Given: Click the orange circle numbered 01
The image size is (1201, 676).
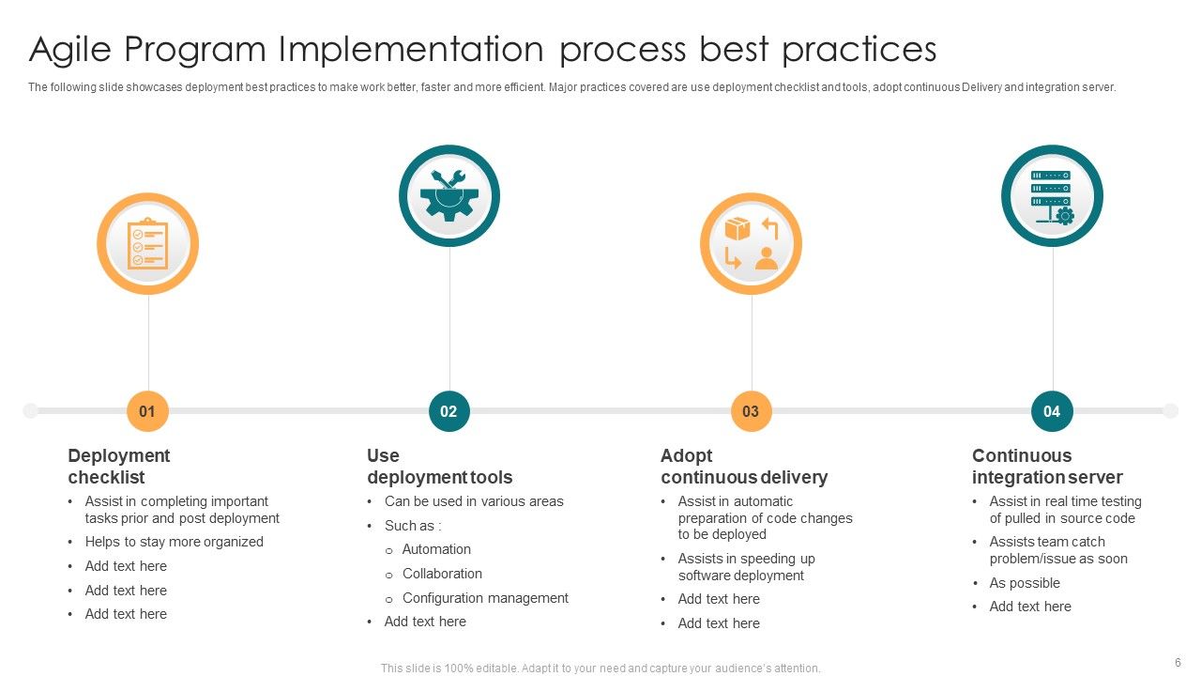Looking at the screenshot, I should coord(147,411).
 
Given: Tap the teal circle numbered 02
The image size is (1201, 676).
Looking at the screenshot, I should coord(448,411).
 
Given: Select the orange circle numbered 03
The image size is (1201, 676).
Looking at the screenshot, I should coord(751,411).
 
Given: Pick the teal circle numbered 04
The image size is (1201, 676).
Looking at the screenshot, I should coord(1052,411).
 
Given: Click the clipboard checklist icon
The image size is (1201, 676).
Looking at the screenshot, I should coord(148,244).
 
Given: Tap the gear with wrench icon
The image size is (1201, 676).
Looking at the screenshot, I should coord(449,195).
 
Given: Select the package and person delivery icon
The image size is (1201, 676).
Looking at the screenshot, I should coord(751,244).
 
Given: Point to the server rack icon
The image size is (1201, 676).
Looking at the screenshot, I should coord(1052,196).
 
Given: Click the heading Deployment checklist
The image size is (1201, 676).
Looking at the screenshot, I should coord(119,467).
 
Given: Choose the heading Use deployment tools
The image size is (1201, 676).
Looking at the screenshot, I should coord(439,467).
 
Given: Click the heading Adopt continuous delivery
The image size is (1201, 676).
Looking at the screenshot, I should coord(743,467).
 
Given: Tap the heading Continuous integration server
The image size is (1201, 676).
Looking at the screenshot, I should coord(1046,467).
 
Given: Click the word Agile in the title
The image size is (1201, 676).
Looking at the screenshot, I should coord(73,49).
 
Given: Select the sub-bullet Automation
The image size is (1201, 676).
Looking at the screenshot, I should coord(436,549).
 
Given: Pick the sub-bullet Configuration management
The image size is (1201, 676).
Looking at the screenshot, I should coord(485,598).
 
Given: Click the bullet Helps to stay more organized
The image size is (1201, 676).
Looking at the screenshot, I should coord(174,542).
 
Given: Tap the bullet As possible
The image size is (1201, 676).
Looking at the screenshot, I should coord(1025,583).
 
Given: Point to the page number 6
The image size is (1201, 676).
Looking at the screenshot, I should coord(1178,662).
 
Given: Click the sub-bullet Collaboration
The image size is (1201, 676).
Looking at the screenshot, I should coord(442,574).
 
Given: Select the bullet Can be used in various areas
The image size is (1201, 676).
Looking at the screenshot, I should coord(474,501).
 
